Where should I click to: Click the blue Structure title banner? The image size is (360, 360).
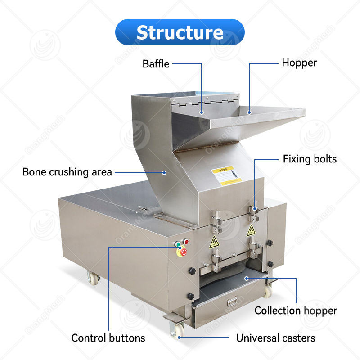[180, 32]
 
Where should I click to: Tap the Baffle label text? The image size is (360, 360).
[156, 64]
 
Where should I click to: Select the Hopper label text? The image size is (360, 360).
[299, 63]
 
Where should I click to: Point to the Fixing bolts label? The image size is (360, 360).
[310, 159]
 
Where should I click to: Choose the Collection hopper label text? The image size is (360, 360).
[296, 310]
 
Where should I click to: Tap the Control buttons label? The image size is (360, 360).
[108, 338]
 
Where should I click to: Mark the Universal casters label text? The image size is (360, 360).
[275, 338]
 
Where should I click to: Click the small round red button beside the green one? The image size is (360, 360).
[185, 242]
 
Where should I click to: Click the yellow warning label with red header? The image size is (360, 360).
[226, 175]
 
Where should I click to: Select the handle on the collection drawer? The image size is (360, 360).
[232, 302]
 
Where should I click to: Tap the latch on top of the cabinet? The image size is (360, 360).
[144, 208]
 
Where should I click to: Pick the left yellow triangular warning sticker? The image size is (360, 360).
[214, 242]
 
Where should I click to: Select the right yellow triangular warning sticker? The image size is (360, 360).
[251, 230]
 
